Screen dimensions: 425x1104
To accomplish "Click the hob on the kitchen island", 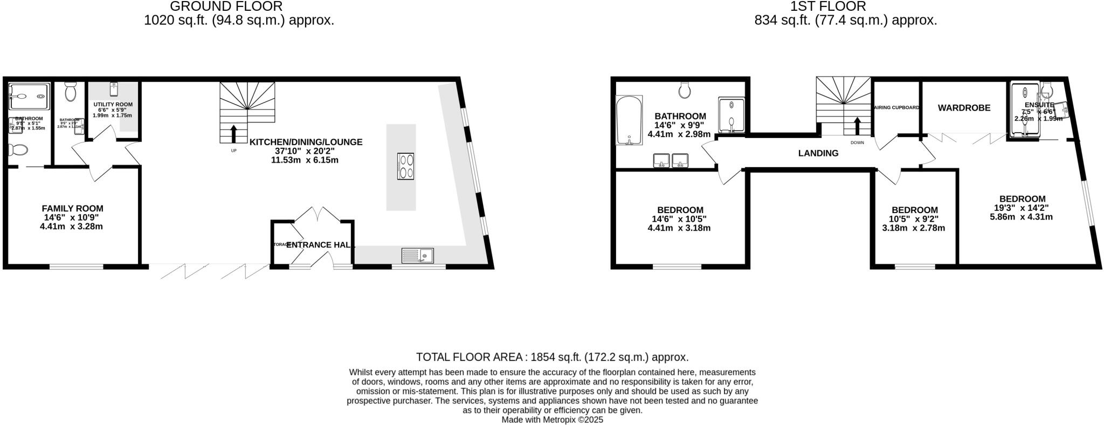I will coord(405,166).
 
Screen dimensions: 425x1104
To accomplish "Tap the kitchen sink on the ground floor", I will coord(418,255).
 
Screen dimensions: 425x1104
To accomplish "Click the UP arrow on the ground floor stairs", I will coord(233,134).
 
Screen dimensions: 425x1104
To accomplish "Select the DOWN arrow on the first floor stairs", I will coord(857,126).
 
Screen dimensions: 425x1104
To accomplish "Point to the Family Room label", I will coord(72,208).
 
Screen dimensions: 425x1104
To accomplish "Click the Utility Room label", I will coord(113,104).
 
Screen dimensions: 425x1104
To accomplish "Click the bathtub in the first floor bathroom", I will coord(629,121).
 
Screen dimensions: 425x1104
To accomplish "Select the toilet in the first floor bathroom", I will coord(685,90).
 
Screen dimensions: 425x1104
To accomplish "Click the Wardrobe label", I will coord(964,108).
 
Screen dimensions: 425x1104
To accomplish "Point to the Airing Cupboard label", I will coord(896,107).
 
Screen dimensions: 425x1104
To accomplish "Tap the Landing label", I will coord(818,153).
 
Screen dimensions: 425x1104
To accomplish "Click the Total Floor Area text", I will coord(552,357).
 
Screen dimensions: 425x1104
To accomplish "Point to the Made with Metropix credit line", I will coord(552,420).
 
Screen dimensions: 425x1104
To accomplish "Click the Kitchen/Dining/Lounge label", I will coord(306,142).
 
